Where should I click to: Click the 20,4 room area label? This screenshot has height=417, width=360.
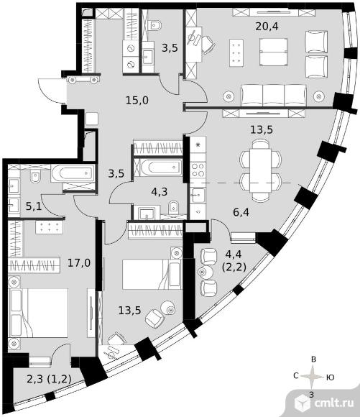[267, 27]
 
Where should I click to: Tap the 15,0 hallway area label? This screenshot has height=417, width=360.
[137, 101]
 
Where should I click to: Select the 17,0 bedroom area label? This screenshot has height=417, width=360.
[79, 263]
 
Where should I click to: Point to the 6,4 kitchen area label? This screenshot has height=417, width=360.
[241, 212]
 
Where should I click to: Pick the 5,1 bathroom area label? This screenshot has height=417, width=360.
[34, 206]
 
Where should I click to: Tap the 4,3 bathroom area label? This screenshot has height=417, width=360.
[160, 191]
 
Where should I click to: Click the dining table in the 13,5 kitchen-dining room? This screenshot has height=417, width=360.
[260, 170]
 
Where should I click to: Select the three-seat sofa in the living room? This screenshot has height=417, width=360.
[274, 95]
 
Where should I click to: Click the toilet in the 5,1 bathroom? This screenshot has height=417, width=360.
[35, 176]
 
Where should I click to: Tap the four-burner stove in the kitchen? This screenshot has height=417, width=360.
[198, 170]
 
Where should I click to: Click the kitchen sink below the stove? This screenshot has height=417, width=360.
[198, 196]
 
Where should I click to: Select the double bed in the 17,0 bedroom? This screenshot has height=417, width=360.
[39, 313]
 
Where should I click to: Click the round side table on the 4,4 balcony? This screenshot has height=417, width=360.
[206, 272]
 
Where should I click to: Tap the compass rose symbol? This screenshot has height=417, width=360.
[314, 377]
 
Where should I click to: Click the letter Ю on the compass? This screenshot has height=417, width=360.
[330, 377]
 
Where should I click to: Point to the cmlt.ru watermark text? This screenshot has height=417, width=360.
[334, 403]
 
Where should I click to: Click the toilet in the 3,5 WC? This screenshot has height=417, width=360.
[156, 25]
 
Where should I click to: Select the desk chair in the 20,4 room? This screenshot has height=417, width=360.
[208, 44]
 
